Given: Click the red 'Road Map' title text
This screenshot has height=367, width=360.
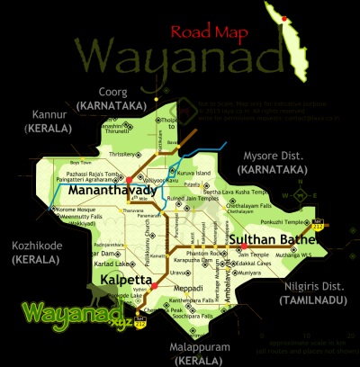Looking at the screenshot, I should click(x=213, y=34).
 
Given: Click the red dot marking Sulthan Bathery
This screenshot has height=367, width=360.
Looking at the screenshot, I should click(x=245, y=246).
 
